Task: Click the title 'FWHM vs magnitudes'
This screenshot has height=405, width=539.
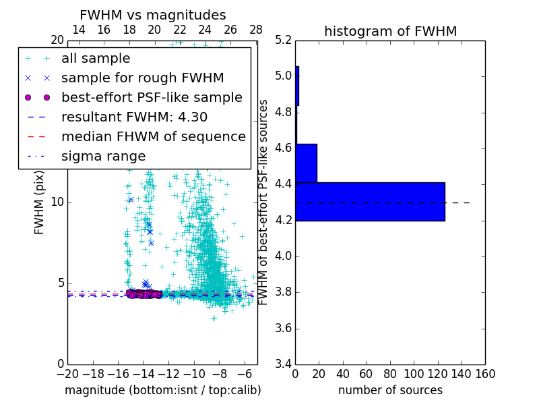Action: (x=152, y=15)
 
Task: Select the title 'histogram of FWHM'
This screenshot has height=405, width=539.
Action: (x=390, y=31)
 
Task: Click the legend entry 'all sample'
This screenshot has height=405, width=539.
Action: (x=96, y=59)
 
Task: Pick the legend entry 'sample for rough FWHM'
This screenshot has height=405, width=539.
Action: (x=142, y=78)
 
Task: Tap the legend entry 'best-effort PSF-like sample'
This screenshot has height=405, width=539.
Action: (x=152, y=97)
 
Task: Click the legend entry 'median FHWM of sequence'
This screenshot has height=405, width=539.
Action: (x=153, y=136)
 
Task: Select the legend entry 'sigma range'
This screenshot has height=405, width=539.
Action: (x=103, y=156)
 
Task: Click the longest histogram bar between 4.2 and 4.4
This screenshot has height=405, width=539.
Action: (x=370, y=201)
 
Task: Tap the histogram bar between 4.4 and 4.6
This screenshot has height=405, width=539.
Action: (x=306, y=163)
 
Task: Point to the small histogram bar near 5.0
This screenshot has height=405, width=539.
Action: (x=297, y=86)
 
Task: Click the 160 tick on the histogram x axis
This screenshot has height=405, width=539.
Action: (x=484, y=373)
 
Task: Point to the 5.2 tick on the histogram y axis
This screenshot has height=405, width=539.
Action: (x=284, y=40)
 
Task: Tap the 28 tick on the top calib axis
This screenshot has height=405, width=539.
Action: (x=256, y=30)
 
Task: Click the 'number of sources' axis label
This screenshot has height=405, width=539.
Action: (x=390, y=390)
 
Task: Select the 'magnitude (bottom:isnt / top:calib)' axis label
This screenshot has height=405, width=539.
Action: (x=162, y=390)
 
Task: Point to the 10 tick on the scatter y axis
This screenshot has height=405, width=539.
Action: (x=58, y=202)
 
